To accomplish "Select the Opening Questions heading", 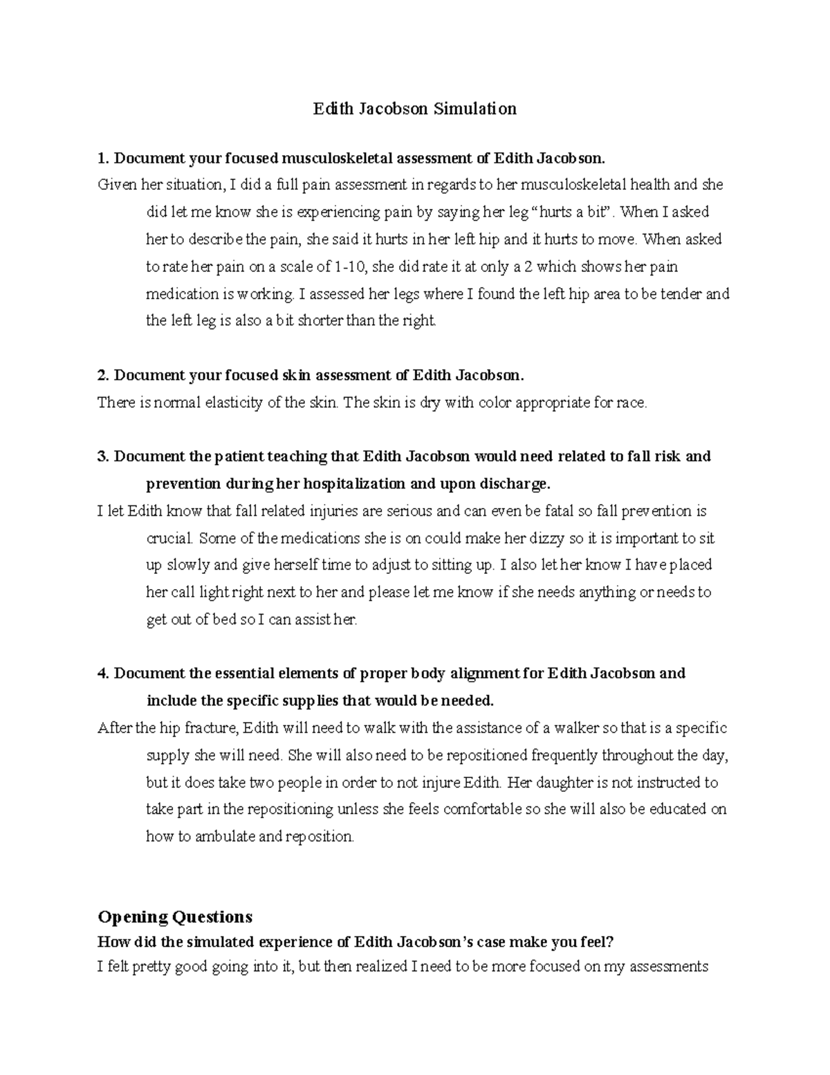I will [175, 917].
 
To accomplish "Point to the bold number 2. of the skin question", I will [104, 376].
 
